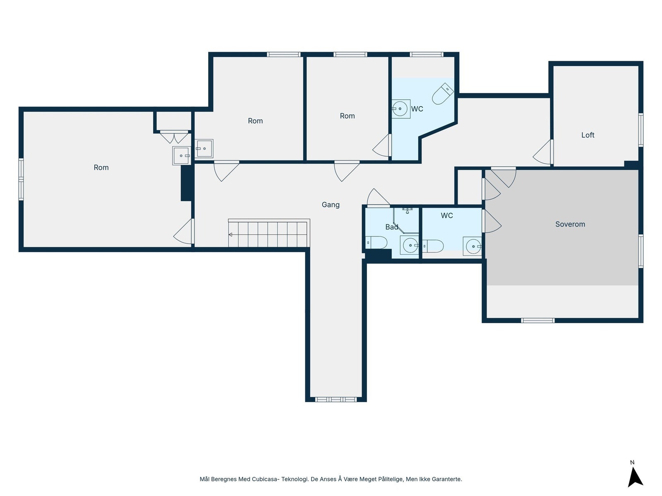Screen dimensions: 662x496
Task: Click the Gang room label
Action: coord(330,205)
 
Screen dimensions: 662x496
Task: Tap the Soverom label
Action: coord(570,224)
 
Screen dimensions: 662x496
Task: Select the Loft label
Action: coord(588,135)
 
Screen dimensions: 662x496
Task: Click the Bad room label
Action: coord(391,227)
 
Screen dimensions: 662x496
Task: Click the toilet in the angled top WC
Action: coord(442,93)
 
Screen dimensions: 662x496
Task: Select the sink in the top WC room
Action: coord(401,109)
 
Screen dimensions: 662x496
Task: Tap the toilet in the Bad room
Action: coord(376,243)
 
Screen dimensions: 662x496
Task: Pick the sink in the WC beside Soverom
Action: coord(472,246)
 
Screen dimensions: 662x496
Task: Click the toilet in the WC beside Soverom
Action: coord(433,246)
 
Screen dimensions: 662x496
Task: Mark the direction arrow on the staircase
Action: coord(230,235)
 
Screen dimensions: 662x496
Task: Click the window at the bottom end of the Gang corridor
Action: coord(336,400)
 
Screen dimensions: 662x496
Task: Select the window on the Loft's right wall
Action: coord(640,130)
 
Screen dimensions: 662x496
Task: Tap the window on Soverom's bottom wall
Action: coord(537,320)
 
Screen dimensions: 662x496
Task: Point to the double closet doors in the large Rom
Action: coord(174,137)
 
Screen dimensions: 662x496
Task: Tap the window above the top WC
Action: coord(426,55)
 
